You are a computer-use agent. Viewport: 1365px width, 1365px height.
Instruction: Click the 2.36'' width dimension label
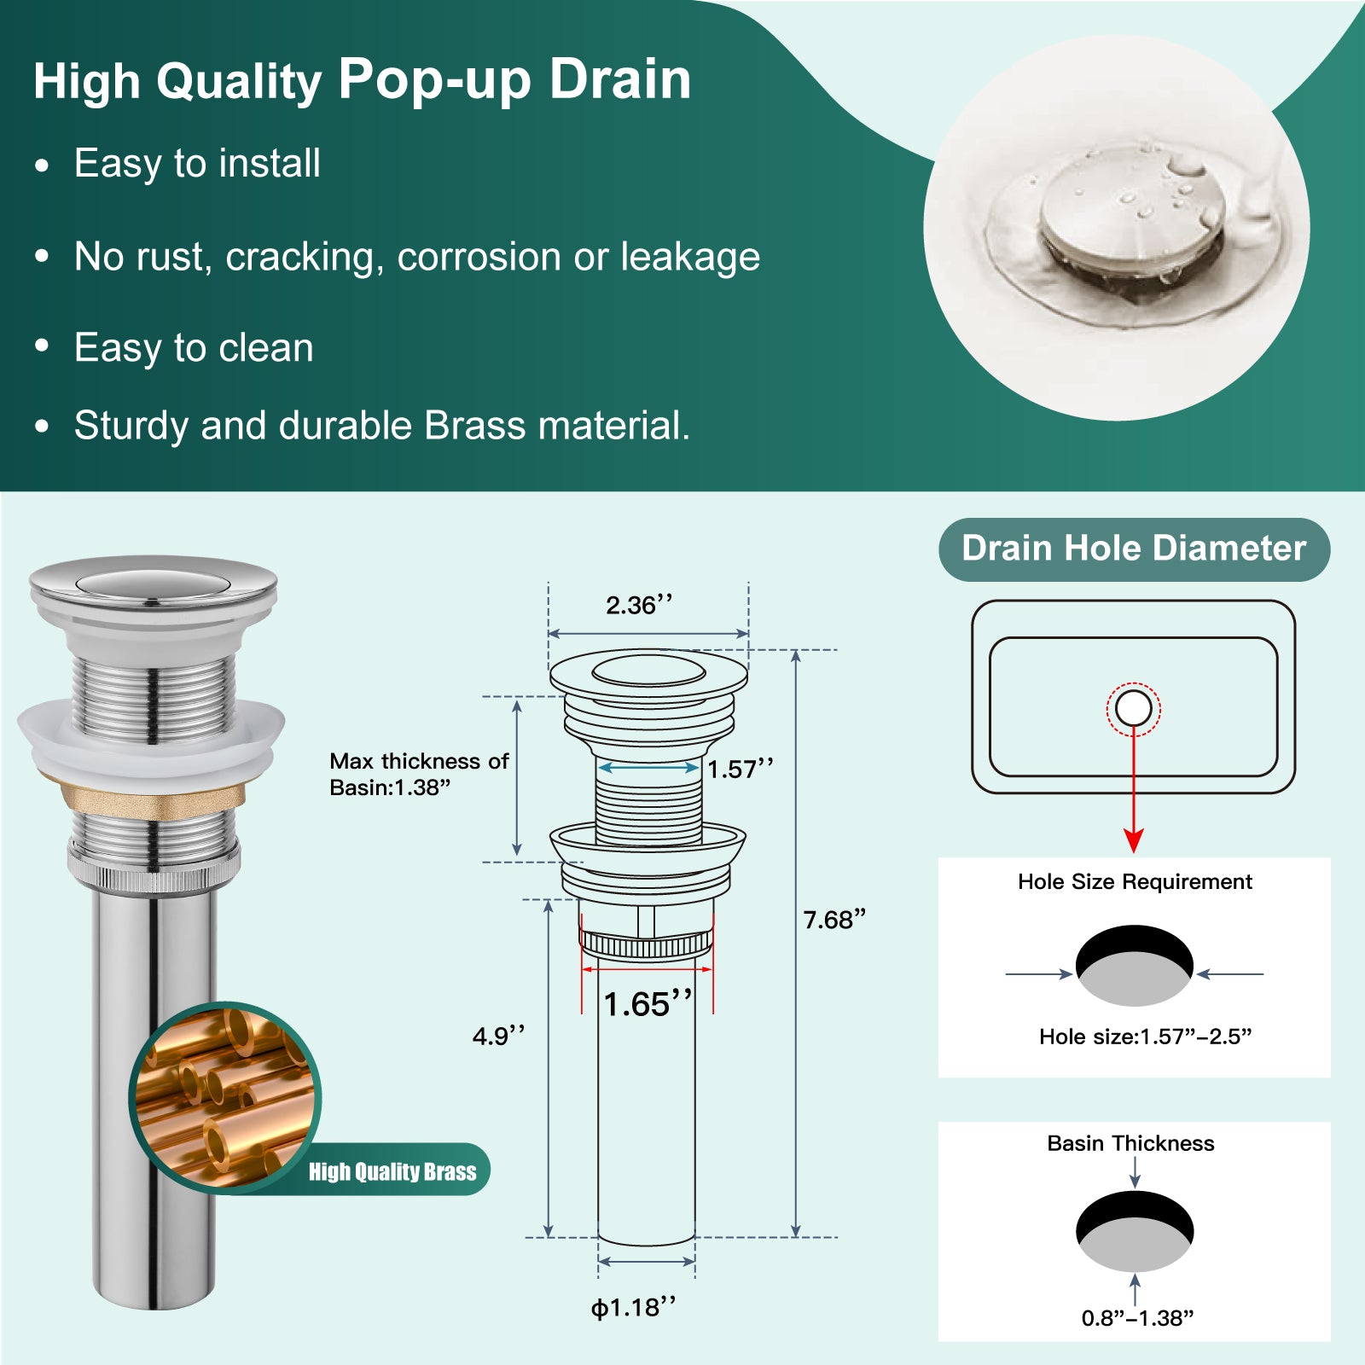(639, 605)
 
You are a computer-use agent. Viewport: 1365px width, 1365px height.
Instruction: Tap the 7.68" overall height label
(834, 920)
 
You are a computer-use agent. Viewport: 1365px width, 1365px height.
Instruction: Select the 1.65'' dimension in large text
(648, 1004)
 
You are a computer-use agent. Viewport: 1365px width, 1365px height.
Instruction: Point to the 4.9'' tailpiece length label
(498, 1036)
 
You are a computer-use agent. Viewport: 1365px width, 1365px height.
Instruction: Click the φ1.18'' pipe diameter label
(634, 1308)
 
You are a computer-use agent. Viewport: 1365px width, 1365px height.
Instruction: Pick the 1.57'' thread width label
(741, 769)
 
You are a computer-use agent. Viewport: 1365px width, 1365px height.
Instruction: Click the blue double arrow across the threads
(648, 768)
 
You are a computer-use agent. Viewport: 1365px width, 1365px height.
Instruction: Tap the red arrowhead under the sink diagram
(1134, 840)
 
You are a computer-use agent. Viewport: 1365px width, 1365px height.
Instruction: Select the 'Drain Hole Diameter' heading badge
(1134, 549)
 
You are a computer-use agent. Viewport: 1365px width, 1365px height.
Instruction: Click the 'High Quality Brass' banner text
(392, 1171)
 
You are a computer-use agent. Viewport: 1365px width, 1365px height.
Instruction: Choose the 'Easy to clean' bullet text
(194, 347)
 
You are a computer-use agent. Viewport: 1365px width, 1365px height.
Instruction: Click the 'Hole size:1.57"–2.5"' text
(1145, 1037)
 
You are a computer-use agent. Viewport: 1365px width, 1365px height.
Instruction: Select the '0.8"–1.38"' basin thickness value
(1137, 1318)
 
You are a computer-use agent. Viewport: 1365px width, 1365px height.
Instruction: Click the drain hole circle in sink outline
(1134, 708)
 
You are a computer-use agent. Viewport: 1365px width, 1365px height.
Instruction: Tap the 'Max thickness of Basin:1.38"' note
(419, 774)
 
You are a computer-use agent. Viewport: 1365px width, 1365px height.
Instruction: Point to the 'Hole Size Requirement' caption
(1135, 881)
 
